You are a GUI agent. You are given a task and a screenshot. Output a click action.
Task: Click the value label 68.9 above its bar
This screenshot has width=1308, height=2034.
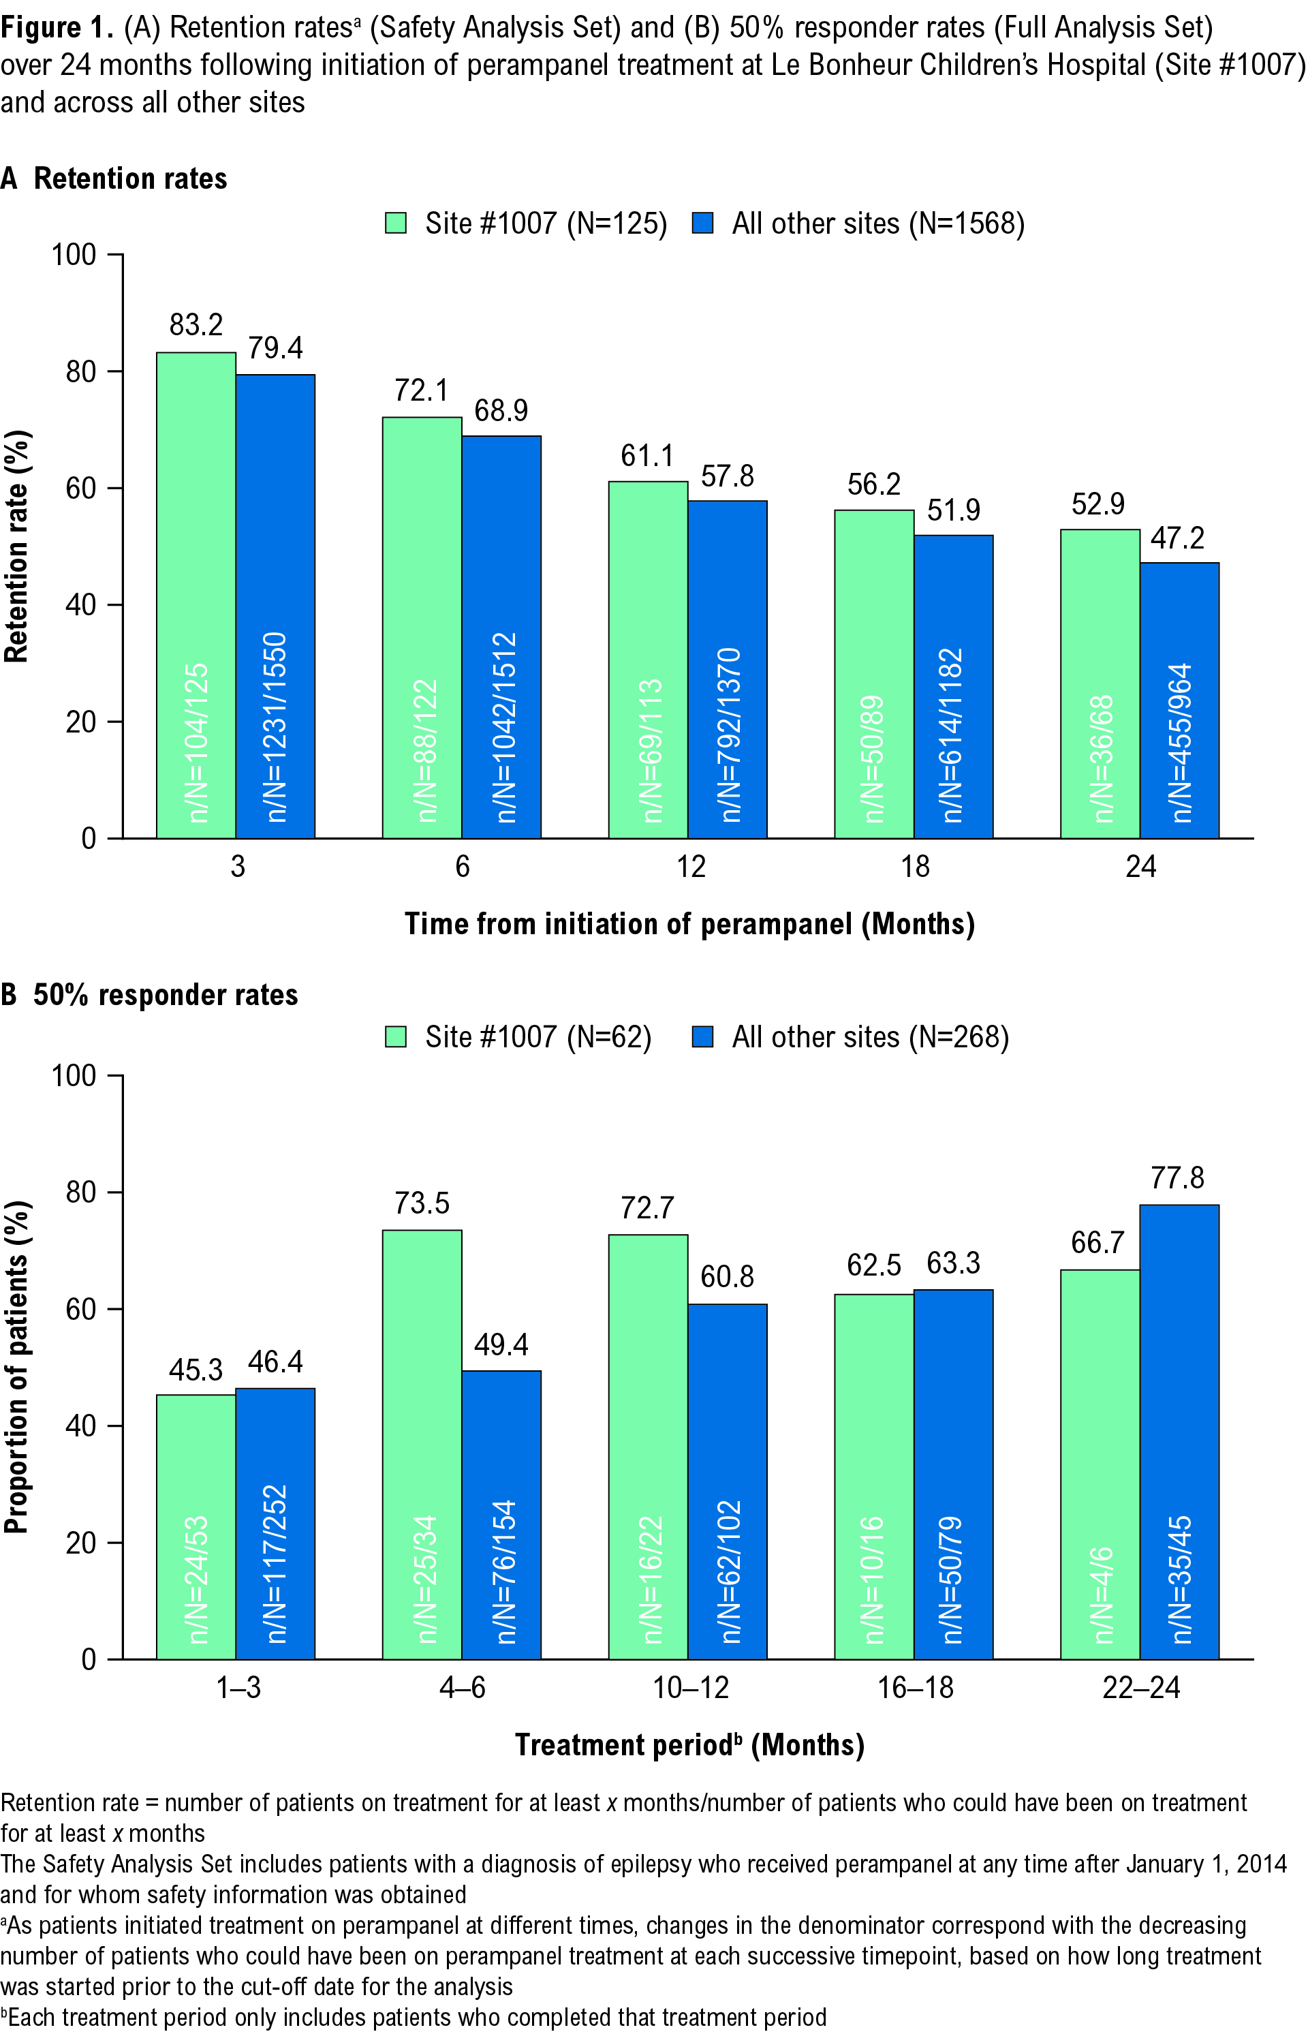click(501, 411)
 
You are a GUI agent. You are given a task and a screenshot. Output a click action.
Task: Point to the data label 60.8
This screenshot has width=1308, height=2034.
click(727, 1276)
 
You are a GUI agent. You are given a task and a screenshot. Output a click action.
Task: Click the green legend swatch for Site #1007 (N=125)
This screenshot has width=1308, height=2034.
click(396, 224)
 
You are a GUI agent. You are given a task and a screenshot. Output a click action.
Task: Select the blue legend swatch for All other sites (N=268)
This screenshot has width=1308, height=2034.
click(702, 1036)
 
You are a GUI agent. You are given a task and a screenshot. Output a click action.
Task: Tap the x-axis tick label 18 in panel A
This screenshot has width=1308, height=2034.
click(915, 867)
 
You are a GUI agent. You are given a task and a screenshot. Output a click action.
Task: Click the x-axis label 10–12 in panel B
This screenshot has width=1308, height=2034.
click(691, 1686)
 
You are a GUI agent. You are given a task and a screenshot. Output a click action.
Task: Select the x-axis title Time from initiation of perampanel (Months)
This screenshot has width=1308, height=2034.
click(689, 923)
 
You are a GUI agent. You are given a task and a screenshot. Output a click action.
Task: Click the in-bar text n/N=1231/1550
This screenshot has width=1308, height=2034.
click(276, 727)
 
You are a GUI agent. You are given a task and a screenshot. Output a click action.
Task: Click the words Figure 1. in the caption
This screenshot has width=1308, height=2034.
click(56, 28)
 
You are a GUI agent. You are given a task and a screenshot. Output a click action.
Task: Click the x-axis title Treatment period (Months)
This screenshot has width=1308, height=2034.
click(689, 1744)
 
